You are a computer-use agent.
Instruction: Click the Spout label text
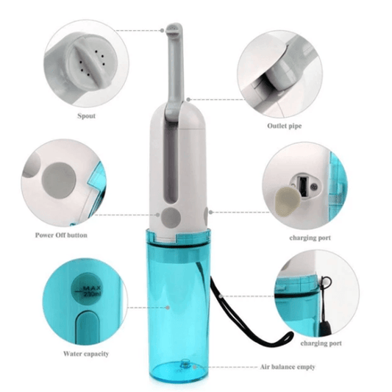click(x=86, y=116)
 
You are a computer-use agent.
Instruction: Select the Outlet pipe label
click(x=284, y=126)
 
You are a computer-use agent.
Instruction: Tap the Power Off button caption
click(x=61, y=235)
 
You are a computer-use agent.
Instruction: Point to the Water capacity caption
click(x=86, y=354)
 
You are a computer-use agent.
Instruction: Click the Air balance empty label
click(x=288, y=367)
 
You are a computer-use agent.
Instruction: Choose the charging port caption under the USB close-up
click(x=310, y=238)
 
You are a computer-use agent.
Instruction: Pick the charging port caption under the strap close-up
click(x=321, y=343)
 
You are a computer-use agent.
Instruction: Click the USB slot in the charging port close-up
click(x=302, y=186)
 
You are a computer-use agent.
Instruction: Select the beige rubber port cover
click(x=288, y=202)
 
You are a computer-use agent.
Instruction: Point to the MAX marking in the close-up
click(x=92, y=288)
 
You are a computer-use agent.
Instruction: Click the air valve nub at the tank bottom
click(x=185, y=363)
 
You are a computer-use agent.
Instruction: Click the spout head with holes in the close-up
click(x=92, y=62)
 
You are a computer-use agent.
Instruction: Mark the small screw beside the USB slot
click(x=314, y=186)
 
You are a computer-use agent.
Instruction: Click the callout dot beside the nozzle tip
click(x=162, y=30)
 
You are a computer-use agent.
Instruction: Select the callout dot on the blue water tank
click(x=168, y=307)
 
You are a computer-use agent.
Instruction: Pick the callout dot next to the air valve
click(x=195, y=367)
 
